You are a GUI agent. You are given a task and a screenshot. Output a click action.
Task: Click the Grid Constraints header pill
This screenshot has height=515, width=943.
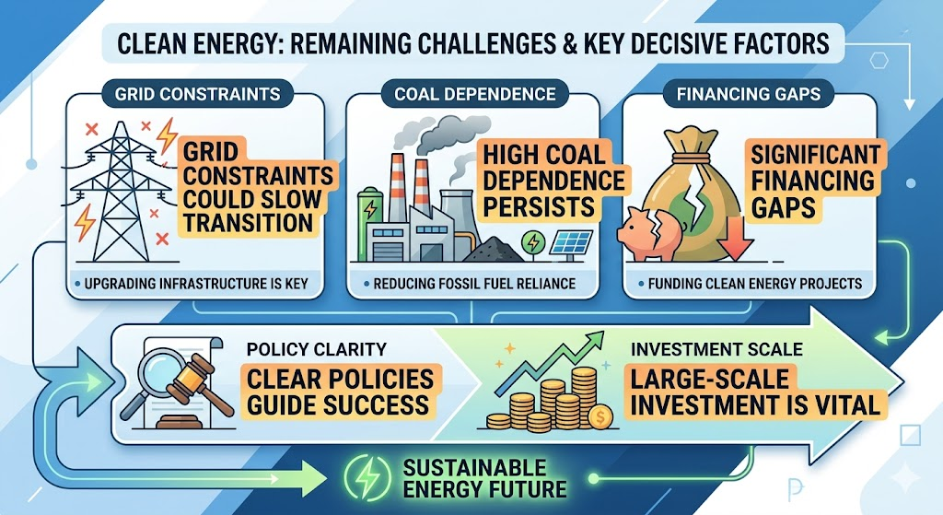(197, 95)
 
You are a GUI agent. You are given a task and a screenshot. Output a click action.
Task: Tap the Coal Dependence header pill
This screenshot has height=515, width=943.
(474, 95)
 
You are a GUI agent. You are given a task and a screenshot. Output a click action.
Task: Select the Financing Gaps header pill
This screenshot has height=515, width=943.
(748, 95)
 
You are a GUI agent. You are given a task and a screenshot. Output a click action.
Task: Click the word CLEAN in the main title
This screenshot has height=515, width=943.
(148, 44)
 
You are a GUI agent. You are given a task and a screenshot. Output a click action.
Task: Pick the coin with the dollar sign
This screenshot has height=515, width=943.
(600, 417)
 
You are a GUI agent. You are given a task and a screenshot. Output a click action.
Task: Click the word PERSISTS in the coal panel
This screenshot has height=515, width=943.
(539, 206)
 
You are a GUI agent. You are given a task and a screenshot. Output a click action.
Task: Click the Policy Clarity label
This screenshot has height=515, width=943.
(317, 349)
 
